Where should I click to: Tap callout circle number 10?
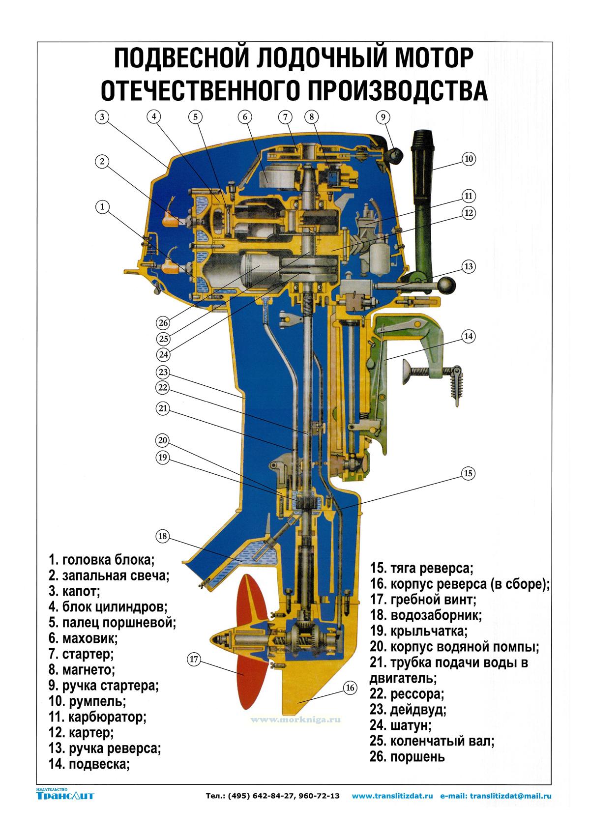pyautogui.click(x=468, y=159)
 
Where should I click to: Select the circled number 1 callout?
pyautogui.click(x=102, y=207)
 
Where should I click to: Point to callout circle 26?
pyautogui.click(x=163, y=323)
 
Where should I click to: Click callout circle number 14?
pyautogui.click(x=468, y=336)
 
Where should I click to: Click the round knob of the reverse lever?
pyautogui.click(x=447, y=285)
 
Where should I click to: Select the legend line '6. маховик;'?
pyautogui.click(x=83, y=639)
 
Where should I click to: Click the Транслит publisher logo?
pyautogui.click(x=65, y=794)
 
